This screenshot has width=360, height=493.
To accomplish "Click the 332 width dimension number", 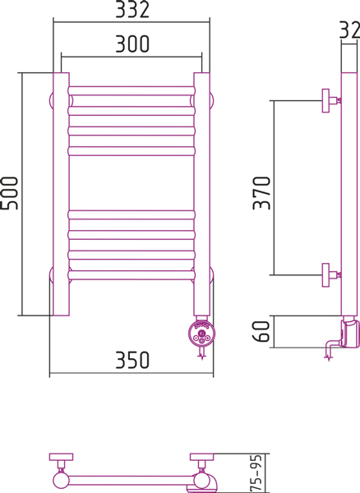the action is (x=132, y=9).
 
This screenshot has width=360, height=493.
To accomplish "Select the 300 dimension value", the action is (x=132, y=44).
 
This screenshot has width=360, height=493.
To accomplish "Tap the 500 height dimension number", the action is (x=9, y=193).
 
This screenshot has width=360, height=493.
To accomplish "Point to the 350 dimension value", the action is (x=132, y=360).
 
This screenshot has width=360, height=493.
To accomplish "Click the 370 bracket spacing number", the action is (x=261, y=193).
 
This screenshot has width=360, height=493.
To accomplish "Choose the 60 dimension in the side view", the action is (x=261, y=331).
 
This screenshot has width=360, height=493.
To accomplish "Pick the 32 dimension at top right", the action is (x=349, y=30).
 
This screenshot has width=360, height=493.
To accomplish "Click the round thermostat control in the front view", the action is (x=201, y=334).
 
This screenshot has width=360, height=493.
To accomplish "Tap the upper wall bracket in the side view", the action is (x=330, y=100).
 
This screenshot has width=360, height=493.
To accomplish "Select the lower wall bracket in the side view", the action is (x=330, y=275).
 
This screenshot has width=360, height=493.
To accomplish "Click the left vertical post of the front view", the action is (x=61, y=194).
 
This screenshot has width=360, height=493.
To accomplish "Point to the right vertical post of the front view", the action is (x=201, y=194).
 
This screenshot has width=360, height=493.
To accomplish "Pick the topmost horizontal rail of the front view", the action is (x=132, y=91).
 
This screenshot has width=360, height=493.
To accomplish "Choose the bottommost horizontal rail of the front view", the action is (x=132, y=275).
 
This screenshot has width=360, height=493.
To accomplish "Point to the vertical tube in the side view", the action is (x=349, y=194).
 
